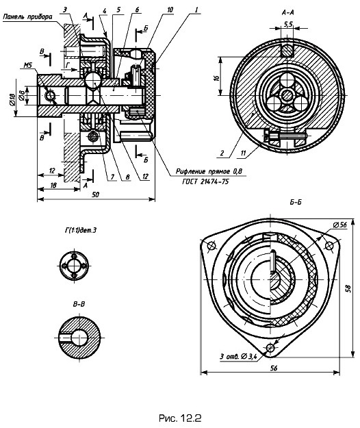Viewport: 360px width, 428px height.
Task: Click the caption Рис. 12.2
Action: click(x=180, y=418)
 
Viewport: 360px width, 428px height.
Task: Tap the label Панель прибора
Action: click(x=27, y=16)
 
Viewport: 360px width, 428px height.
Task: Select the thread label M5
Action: click(x=28, y=66)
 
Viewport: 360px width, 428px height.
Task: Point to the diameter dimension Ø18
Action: click(x=12, y=99)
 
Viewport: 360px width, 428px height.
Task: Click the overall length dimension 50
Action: click(x=95, y=194)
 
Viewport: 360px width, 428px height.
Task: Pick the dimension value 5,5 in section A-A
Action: click(x=288, y=24)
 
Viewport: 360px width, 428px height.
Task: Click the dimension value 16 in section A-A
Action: click(x=216, y=77)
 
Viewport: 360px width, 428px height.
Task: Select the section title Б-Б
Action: click(x=296, y=202)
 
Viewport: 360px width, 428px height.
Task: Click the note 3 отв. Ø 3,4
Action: click(x=238, y=356)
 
